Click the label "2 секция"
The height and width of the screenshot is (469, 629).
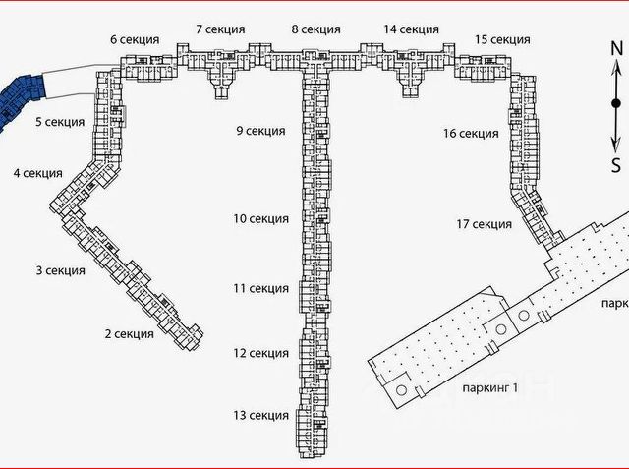pyautogui.click(x=130, y=334)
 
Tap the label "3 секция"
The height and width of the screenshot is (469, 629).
pyautogui.click(x=60, y=270)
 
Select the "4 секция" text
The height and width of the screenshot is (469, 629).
pyautogui.click(x=38, y=174)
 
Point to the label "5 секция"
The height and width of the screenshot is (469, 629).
pyautogui.click(x=60, y=123)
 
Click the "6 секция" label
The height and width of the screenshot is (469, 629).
pyautogui.click(x=135, y=39)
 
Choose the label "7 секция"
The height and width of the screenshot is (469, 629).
pyautogui.click(x=220, y=30)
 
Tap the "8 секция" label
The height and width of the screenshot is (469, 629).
pyautogui.click(x=316, y=30)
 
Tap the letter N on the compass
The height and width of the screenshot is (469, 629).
pyautogui.click(x=616, y=48)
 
